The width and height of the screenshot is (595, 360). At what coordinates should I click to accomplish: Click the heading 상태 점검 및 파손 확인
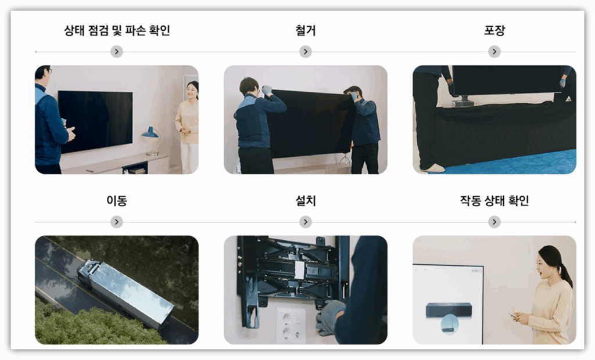[117, 30]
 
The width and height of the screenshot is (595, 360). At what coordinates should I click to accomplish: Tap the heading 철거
[306, 30]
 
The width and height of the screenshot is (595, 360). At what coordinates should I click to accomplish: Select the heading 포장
[494, 30]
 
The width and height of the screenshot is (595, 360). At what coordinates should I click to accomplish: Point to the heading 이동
[116, 200]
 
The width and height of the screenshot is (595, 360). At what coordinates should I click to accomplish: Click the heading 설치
[306, 200]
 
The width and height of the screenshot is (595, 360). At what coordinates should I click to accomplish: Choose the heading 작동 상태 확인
[494, 200]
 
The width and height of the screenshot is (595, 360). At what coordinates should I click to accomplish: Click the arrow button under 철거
[306, 52]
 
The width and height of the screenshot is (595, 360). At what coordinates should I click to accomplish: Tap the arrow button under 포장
[494, 52]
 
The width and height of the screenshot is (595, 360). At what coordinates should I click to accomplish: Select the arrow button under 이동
[116, 222]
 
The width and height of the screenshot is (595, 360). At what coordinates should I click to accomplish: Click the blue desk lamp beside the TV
[151, 141]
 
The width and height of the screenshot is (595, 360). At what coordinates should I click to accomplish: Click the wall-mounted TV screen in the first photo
[95, 121]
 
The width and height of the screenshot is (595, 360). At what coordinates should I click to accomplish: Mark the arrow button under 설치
[306, 222]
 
